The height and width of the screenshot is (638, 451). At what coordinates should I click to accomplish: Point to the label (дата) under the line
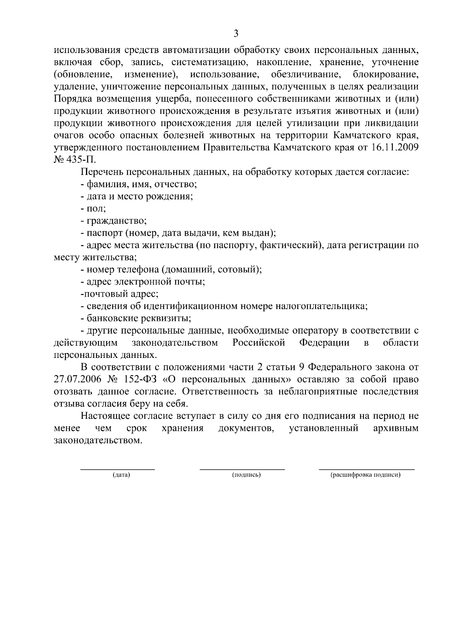tap(121, 475)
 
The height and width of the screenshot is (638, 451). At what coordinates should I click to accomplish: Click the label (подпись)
tap(247, 475)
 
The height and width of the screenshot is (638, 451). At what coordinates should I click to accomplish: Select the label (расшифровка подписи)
tap(366, 475)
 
